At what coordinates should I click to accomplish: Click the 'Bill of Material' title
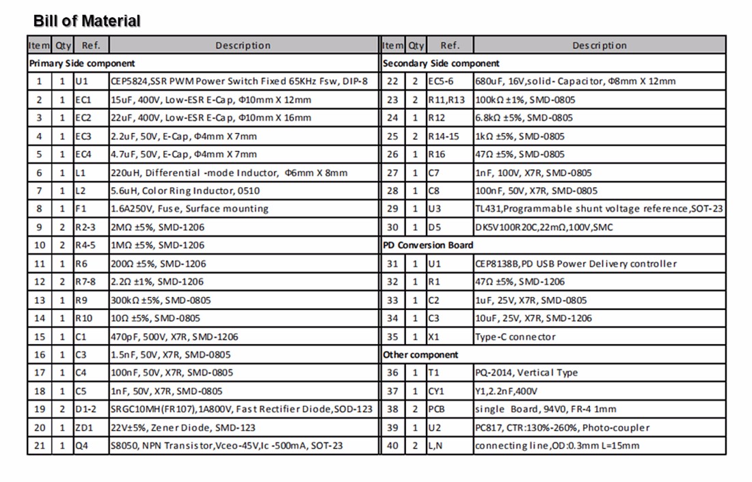(x=87, y=21)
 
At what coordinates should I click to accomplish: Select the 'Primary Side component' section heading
(x=81, y=63)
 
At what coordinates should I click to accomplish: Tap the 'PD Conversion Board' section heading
(x=428, y=245)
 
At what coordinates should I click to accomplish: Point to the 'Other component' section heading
(x=420, y=354)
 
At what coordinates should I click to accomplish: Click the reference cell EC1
(x=83, y=100)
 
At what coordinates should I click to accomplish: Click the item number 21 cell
(x=39, y=446)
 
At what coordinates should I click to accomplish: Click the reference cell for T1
(x=434, y=373)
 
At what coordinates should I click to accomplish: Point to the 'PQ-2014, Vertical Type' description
(x=526, y=373)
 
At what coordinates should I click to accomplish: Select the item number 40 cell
(x=393, y=446)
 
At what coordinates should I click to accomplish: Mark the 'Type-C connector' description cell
(x=515, y=337)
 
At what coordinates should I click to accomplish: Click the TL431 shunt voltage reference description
(x=598, y=209)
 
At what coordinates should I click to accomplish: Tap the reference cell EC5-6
(x=440, y=81)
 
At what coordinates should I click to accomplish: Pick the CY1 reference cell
(x=436, y=391)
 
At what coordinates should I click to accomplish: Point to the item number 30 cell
(x=393, y=227)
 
